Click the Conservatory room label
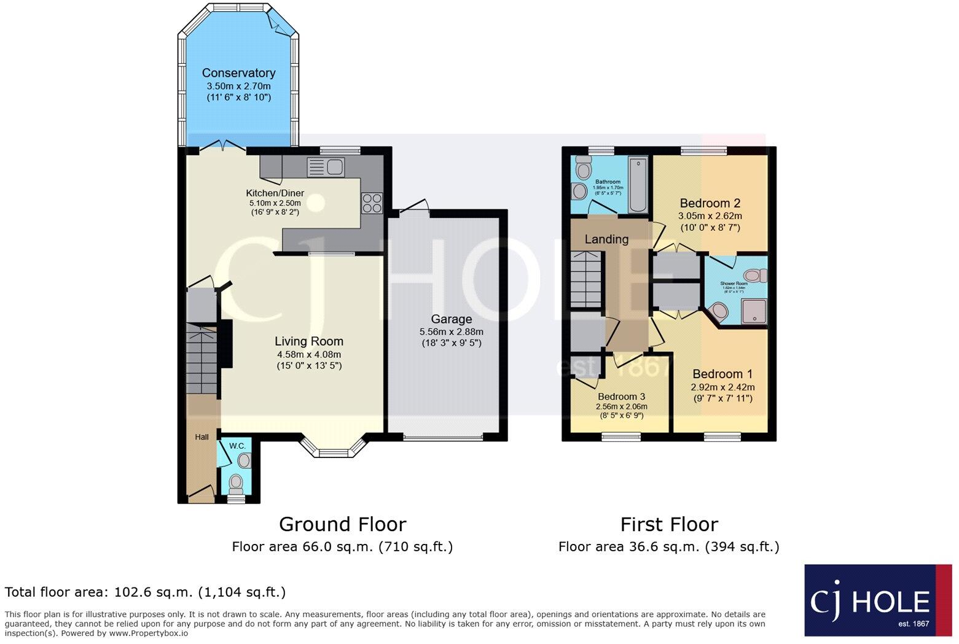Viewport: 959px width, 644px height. (238, 73)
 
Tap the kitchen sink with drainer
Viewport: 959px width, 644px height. (327, 166)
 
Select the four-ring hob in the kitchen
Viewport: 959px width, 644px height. (372, 203)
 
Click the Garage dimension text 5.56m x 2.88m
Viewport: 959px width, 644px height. (451, 332)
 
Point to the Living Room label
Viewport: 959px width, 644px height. (308, 341)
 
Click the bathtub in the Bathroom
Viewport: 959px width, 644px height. (638, 185)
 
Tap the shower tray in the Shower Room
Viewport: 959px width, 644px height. (754, 311)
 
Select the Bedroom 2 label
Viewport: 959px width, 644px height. (710, 203)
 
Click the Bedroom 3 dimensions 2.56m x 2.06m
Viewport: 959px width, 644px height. (621, 406)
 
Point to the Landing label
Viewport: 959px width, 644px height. (606, 239)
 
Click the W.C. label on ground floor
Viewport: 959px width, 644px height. (237, 445)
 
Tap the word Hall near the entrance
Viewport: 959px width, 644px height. (202, 437)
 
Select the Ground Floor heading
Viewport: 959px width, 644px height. (342, 524)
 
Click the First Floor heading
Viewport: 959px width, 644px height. (668, 524)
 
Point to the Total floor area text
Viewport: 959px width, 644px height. (145, 592)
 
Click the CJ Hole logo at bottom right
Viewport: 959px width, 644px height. (878, 600)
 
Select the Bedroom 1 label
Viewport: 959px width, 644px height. (722, 374)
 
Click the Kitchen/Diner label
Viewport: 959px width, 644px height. (275, 193)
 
